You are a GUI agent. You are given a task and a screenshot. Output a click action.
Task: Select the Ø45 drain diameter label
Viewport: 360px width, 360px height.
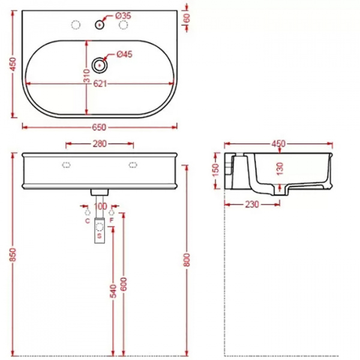[x=124, y=55]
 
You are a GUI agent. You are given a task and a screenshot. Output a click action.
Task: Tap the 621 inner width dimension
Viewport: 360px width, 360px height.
[x=100, y=84]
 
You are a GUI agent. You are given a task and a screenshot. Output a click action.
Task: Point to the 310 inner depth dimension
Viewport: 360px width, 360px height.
[x=87, y=76]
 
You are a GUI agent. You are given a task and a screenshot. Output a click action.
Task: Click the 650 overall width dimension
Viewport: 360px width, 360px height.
[x=99, y=127]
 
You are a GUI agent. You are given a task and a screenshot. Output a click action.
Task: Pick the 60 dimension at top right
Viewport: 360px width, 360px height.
[x=187, y=18]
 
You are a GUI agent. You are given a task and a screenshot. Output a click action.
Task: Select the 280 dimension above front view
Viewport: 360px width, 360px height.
[x=100, y=143]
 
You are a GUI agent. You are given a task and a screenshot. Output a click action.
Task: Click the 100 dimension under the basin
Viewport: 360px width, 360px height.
[x=100, y=206]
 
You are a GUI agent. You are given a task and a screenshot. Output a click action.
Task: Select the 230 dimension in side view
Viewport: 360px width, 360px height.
[x=251, y=205]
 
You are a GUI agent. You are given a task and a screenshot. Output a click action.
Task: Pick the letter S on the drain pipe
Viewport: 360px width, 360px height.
[x=99, y=236]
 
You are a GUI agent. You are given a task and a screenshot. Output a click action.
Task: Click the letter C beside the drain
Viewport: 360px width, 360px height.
[x=87, y=221]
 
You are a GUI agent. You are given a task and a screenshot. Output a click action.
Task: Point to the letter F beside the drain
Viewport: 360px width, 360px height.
[x=112, y=221]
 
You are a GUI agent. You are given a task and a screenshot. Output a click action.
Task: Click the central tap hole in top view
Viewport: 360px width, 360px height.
[x=99, y=25]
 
